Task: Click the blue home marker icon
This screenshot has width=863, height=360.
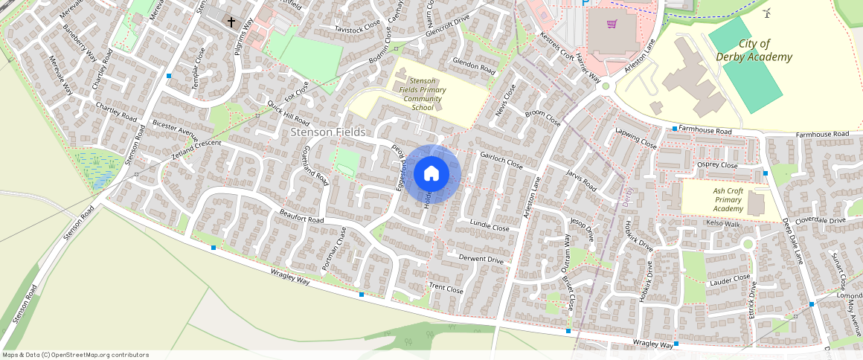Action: (x=431, y=174)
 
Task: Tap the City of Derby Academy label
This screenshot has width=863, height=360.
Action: (x=754, y=51)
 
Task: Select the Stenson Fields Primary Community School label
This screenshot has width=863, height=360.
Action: (x=422, y=94)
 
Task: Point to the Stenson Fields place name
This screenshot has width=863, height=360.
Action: (x=328, y=132)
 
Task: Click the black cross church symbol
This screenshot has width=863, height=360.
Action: (x=231, y=22)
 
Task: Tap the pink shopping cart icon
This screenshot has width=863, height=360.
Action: (x=612, y=24)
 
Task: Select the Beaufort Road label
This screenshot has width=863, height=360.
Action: (x=301, y=221)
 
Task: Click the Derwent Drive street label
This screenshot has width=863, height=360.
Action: (x=481, y=259)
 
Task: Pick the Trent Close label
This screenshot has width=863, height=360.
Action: (x=446, y=288)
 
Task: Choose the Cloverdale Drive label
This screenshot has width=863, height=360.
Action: (x=821, y=220)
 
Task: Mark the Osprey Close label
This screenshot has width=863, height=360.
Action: (x=716, y=165)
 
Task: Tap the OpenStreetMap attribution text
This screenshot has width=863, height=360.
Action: (x=75, y=355)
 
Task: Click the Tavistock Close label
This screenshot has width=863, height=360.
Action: (x=357, y=29)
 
